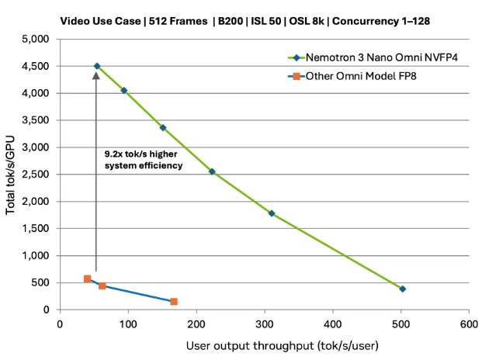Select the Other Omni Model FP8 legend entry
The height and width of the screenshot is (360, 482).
tap(356, 76)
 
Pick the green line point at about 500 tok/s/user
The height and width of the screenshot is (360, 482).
tap(402, 289)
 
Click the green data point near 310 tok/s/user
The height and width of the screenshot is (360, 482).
tap(272, 213)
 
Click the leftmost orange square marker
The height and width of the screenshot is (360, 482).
tap(88, 279)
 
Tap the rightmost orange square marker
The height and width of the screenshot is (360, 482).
tap(174, 301)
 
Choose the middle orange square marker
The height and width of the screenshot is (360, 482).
tap(102, 286)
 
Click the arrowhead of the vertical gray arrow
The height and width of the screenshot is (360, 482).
tap(96, 76)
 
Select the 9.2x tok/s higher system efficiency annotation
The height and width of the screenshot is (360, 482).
tap(143, 159)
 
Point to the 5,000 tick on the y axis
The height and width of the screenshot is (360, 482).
tap(37, 39)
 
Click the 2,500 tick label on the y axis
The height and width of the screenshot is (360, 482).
tap(37, 175)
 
